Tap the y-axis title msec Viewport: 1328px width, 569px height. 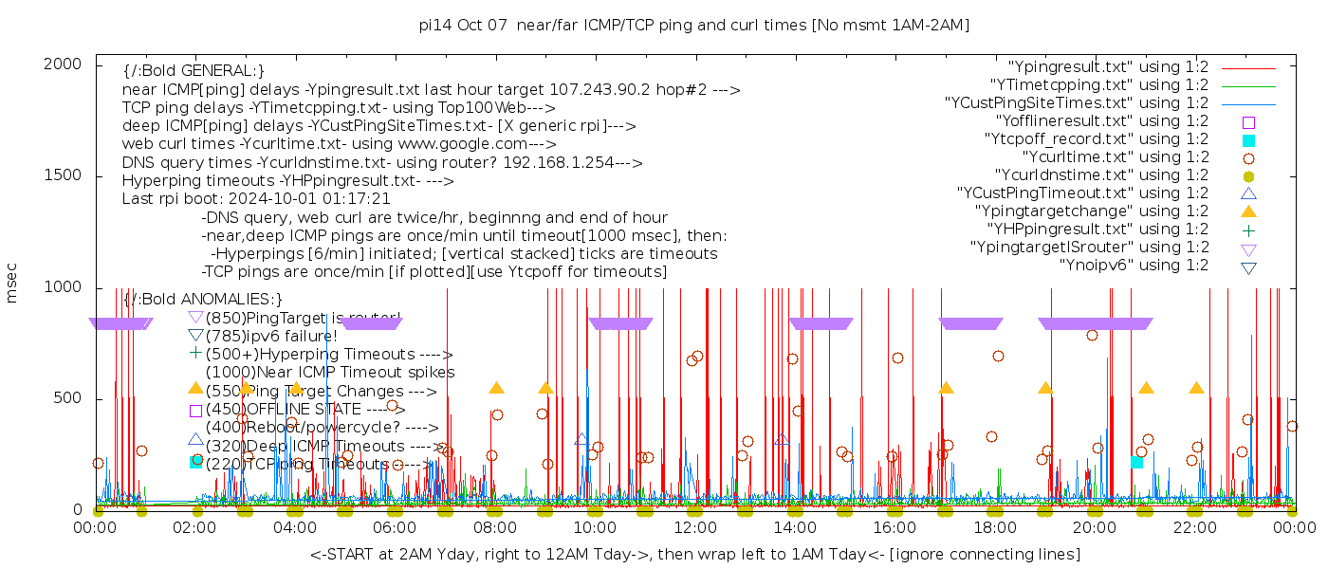click(12, 283)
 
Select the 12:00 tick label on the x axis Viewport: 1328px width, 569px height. click(694, 527)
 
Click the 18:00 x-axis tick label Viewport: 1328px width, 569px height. click(993, 527)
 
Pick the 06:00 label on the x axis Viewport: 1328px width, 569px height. click(395, 527)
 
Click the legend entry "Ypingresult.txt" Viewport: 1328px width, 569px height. click(1108, 67)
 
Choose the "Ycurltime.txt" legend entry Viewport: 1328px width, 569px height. click(1116, 157)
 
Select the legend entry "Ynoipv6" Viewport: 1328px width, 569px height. click(1134, 266)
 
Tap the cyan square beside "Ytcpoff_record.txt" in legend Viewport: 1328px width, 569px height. click(1248, 140)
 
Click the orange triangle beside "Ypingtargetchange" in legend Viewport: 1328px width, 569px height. click(1248, 211)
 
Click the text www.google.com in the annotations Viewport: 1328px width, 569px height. click(470, 144)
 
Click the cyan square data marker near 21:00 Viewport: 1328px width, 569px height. click(1136, 462)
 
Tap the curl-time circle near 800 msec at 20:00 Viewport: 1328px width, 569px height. click(1092, 335)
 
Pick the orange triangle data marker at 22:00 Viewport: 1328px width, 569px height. click(1196, 388)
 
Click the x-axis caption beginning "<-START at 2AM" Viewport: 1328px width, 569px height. click(694, 554)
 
